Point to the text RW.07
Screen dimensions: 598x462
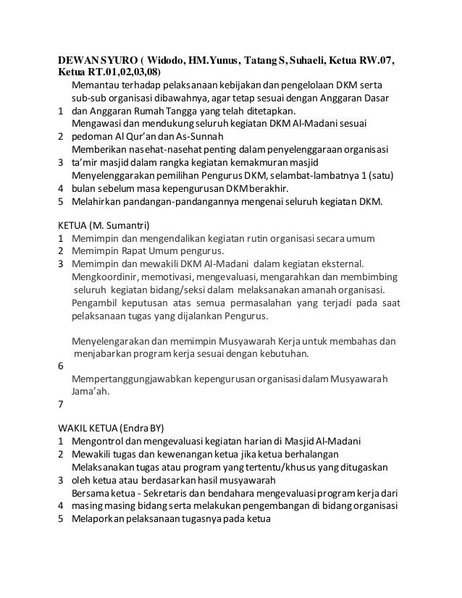(381, 58)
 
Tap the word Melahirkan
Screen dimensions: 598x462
(99, 202)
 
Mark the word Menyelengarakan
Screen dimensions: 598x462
(112, 341)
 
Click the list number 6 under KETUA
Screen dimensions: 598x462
(60, 367)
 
